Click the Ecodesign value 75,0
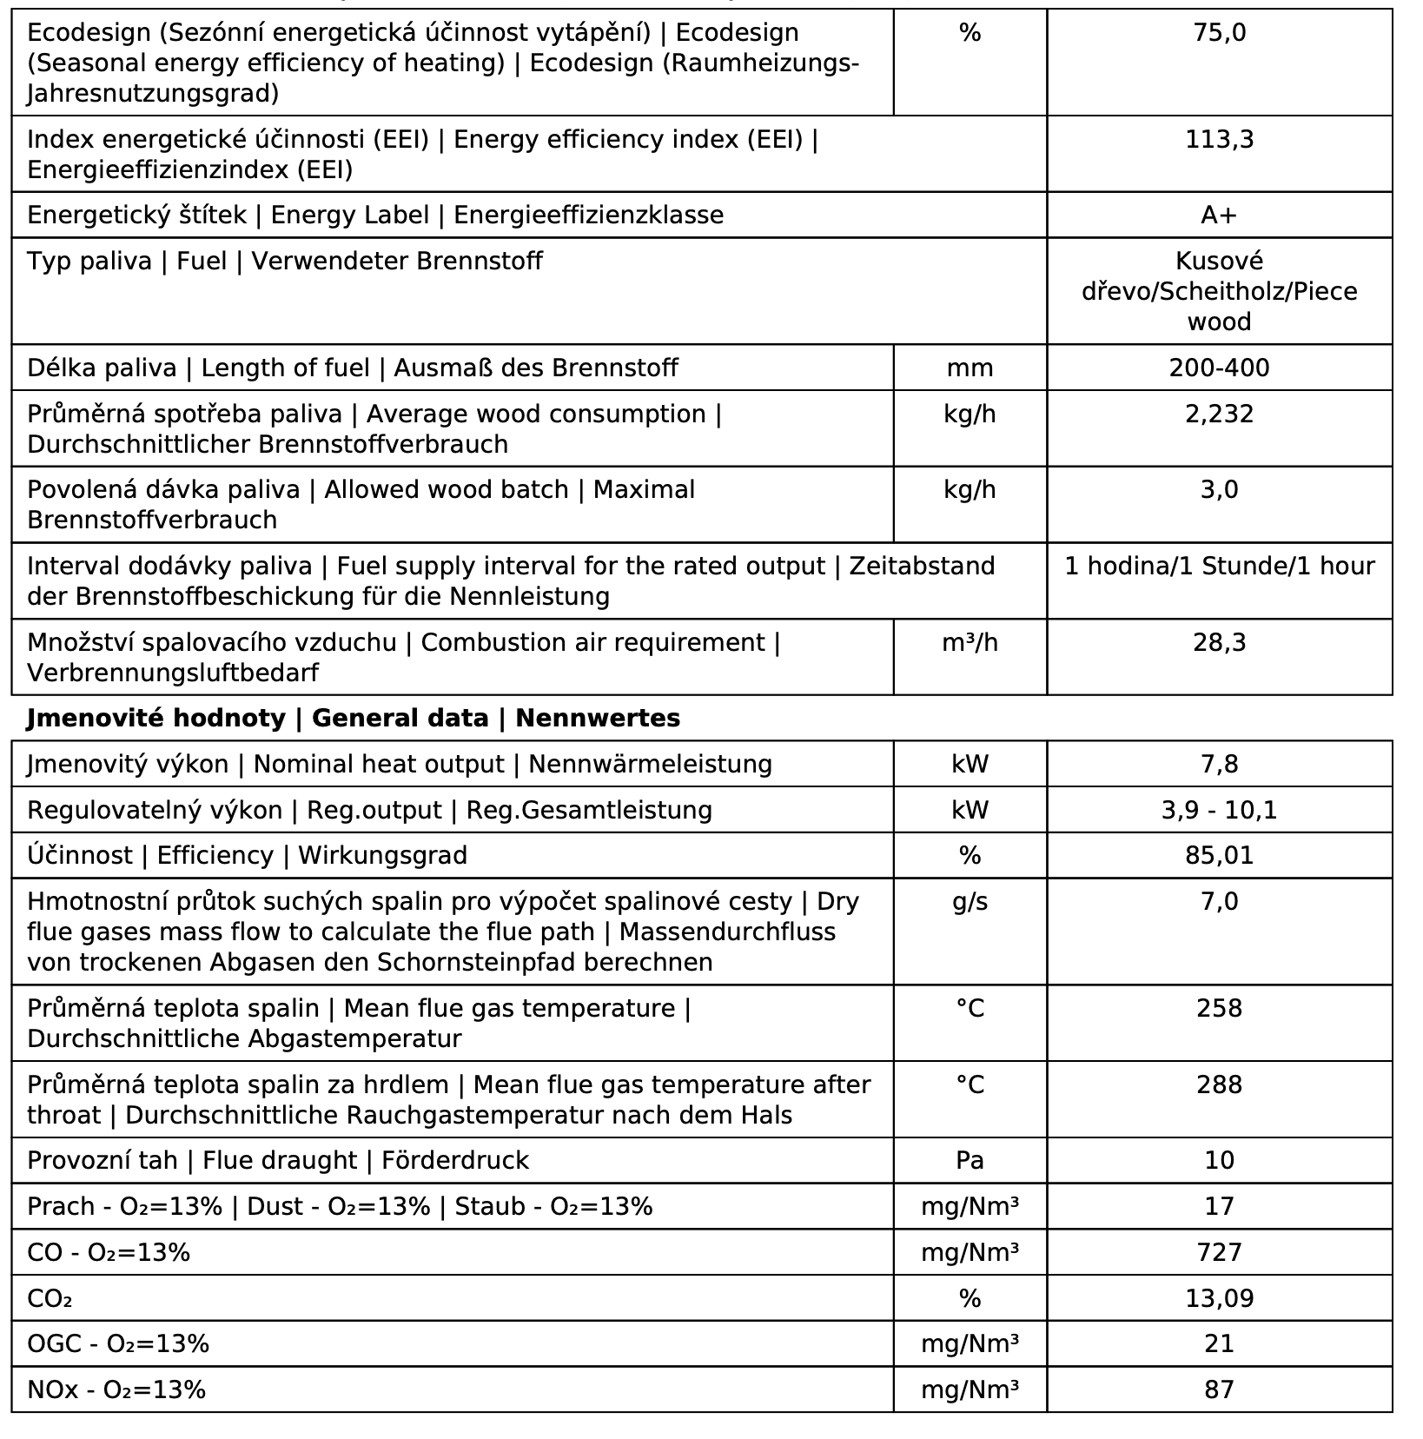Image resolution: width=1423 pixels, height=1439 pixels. pos(1219,33)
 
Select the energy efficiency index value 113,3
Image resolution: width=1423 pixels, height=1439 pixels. pos(1219,140)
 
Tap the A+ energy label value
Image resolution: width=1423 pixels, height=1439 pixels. pos(1219,216)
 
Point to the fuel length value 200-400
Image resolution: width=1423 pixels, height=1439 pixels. pos(1219,368)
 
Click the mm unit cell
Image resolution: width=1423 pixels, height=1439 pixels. pos(970,368)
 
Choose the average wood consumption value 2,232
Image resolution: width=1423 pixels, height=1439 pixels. pos(1219,414)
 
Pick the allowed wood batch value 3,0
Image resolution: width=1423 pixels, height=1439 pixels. pos(1219,490)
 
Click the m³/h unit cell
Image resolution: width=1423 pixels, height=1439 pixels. pos(970,643)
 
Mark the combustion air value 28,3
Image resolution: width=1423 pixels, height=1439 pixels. pos(1219,643)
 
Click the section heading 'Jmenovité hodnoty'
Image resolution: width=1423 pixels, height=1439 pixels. pos(156,719)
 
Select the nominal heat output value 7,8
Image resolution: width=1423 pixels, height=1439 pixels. pos(1219,765)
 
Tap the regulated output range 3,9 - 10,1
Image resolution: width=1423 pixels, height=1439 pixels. pos(1219,811)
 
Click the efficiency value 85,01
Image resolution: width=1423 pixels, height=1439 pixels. pos(1219,856)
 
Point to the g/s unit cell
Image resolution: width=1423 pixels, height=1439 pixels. pos(970,902)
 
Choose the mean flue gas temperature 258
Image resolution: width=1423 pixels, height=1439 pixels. pos(1219,1009)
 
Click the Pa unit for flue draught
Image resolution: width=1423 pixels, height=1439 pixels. pos(970,1161)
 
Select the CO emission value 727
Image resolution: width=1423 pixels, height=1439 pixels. pos(1219,1253)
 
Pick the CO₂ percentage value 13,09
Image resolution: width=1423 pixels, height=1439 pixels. pos(1219,1299)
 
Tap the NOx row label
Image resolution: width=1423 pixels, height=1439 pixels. pos(116,1390)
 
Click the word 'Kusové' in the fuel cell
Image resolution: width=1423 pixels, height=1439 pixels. pos(1219,262)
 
